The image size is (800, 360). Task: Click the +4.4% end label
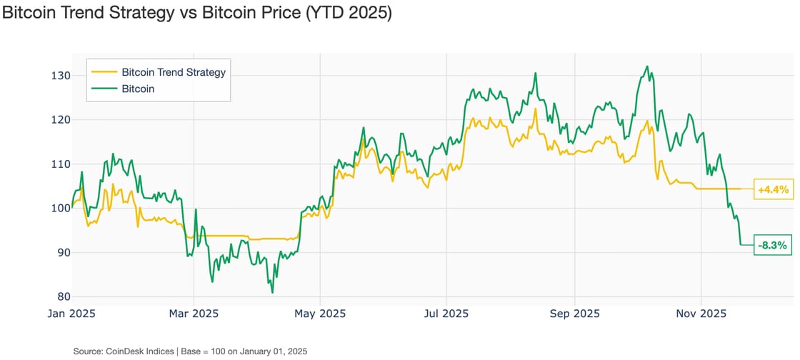pos(773,189)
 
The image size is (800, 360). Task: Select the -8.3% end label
pos(773,245)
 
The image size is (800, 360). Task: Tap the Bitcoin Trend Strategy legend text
pos(174,72)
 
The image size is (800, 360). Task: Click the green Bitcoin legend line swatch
pos(104,89)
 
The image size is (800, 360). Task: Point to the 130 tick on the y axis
pos(61,76)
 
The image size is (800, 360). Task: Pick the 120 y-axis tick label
pos(61,120)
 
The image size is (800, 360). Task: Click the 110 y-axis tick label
pos(61,164)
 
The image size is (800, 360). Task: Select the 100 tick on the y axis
pos(61,209)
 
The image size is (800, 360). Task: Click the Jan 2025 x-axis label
pos(73,314)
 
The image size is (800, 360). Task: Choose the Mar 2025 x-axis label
pos(194,314)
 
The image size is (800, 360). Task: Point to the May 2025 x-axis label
pos(319,314)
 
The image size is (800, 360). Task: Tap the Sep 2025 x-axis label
pos(574,314)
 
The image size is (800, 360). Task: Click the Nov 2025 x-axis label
pos(701,314)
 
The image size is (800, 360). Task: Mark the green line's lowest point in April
pos(272,292)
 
